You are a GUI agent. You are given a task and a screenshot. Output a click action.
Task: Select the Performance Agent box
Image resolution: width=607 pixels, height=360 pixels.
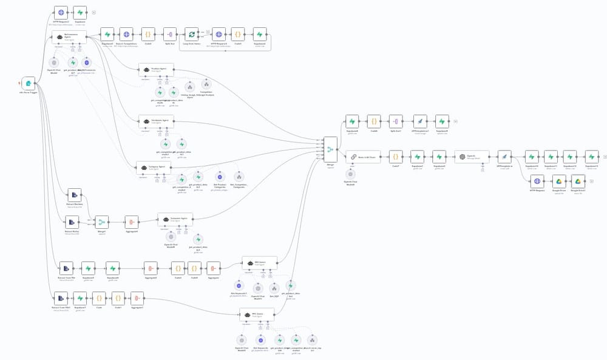tap(69, 37)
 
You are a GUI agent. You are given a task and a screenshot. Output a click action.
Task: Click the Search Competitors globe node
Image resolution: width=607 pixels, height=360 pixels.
tap(126, 35)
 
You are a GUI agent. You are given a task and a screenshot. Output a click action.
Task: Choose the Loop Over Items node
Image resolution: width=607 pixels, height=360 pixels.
tap(192, 35)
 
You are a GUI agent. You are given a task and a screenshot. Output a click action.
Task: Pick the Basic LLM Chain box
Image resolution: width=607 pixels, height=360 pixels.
tap(362, 156)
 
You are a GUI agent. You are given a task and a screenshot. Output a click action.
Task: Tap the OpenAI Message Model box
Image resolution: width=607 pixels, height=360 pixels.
tap(471, 156)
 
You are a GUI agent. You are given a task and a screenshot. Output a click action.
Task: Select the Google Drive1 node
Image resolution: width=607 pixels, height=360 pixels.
tap(578, 181)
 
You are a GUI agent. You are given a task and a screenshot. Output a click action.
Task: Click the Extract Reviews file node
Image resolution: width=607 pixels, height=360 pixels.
tap(74, 194)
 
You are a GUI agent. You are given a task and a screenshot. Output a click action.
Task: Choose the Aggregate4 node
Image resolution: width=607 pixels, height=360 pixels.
tap(132, 222)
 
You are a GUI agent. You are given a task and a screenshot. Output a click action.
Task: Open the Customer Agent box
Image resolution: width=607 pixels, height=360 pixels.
tap(175, 219)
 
